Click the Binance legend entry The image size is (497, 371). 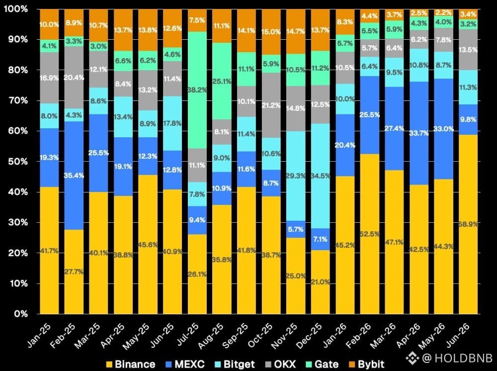point(131,364)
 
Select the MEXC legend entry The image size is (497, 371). point(185,364)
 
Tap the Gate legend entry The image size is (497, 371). point(323,364)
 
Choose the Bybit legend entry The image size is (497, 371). point(366,364)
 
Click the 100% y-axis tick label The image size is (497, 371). point(15,9)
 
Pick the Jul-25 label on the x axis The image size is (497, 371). point(188,336)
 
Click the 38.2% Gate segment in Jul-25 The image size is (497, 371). point(197,90)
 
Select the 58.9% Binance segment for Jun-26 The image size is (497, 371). point(468,224)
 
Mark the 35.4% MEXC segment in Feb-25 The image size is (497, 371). point(74,176)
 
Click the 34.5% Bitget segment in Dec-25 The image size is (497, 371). point(321,176)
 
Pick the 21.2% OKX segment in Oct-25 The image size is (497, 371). point(271,105)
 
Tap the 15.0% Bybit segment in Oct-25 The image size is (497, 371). point(271,32)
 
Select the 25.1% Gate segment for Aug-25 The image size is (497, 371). point(222,81)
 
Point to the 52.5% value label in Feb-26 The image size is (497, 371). point(370,234)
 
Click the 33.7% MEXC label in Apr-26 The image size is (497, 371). point(419,133)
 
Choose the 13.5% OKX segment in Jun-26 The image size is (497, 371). point(468,49)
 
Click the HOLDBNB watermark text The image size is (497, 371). point(463,358)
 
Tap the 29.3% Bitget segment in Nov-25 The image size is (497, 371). point(296,176)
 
